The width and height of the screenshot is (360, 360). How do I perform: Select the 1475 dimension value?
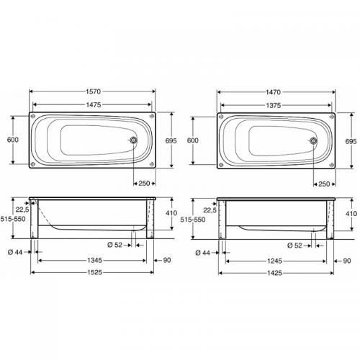coord(91,105)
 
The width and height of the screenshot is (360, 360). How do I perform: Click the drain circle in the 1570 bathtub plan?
coord(134,140)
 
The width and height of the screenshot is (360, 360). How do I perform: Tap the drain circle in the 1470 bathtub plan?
coord(313,140)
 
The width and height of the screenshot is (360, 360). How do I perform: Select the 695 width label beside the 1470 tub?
coord(351,141)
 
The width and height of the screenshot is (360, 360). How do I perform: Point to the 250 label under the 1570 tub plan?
coord(143,184)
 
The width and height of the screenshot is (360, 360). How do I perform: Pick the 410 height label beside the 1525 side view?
coord(170,213)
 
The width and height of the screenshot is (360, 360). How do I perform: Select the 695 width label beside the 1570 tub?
coord(170,141)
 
